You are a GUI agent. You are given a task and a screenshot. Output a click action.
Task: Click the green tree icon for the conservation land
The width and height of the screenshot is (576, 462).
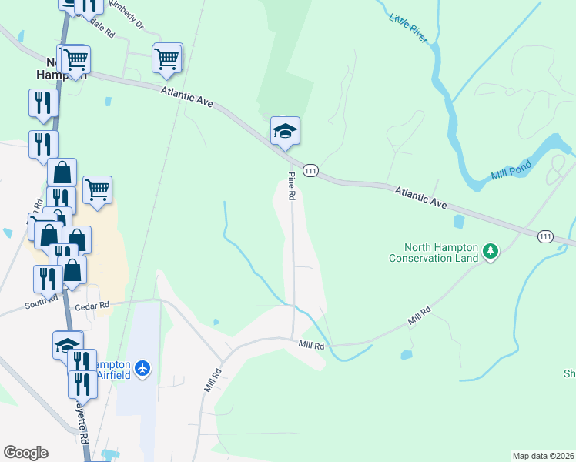[490, 250]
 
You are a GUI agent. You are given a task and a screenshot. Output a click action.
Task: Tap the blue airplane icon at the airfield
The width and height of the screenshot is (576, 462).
[142, 368]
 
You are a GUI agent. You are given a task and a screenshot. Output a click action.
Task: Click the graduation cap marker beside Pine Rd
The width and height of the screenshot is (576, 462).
[284, 132]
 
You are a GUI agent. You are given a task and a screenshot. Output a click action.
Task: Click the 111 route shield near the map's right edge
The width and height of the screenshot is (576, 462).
[545, 236]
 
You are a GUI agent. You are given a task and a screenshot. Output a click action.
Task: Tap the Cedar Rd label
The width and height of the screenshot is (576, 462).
[92, 306]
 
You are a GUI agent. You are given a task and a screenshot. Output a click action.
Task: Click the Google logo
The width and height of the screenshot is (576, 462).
[25, 452]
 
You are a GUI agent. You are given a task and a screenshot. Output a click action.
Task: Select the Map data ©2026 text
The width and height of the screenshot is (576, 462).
[544, 455]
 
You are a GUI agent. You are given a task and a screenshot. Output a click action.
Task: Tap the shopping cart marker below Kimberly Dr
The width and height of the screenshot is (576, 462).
[167, 59]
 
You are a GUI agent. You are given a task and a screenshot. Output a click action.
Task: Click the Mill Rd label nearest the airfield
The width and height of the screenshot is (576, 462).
[213, 380]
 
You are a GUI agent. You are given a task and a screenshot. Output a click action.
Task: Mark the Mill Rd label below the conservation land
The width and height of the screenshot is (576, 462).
[419, 315]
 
